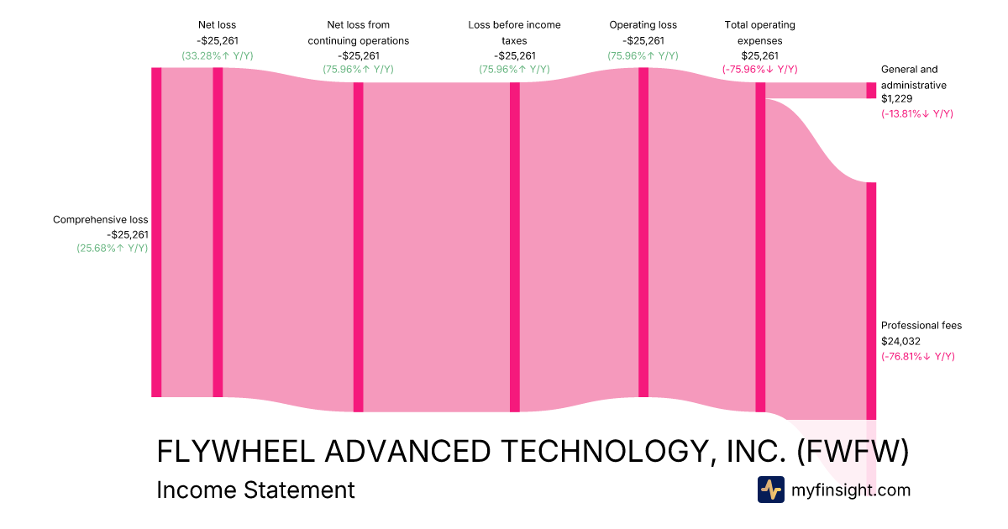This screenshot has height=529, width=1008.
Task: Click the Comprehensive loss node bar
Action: pos(156,232)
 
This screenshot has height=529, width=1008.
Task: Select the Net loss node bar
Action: pos(218,232)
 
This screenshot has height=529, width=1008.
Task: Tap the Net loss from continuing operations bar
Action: pos(358,247)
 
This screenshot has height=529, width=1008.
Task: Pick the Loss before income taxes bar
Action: pos(515,247)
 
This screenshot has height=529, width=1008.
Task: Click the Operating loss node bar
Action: pos(643,232)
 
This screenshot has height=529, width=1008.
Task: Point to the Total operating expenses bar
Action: pos(760,247)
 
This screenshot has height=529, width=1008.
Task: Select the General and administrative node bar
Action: pos(871,90)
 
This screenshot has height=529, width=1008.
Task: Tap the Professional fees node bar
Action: pos(871,301)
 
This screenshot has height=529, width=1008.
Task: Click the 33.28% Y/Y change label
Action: pos(217,55)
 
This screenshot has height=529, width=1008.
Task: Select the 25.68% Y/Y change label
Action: pos(113,248)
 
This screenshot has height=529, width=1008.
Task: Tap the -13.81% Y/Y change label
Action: pos(917,113)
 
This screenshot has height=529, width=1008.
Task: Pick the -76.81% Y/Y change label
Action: pos(917,356)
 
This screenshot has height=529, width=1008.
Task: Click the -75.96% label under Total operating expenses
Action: pos(759,70)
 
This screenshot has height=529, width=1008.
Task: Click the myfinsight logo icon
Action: pos(770,490)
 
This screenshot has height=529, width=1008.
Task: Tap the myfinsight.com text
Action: pos(851,490)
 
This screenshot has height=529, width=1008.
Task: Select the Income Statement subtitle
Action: pos(255,490)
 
